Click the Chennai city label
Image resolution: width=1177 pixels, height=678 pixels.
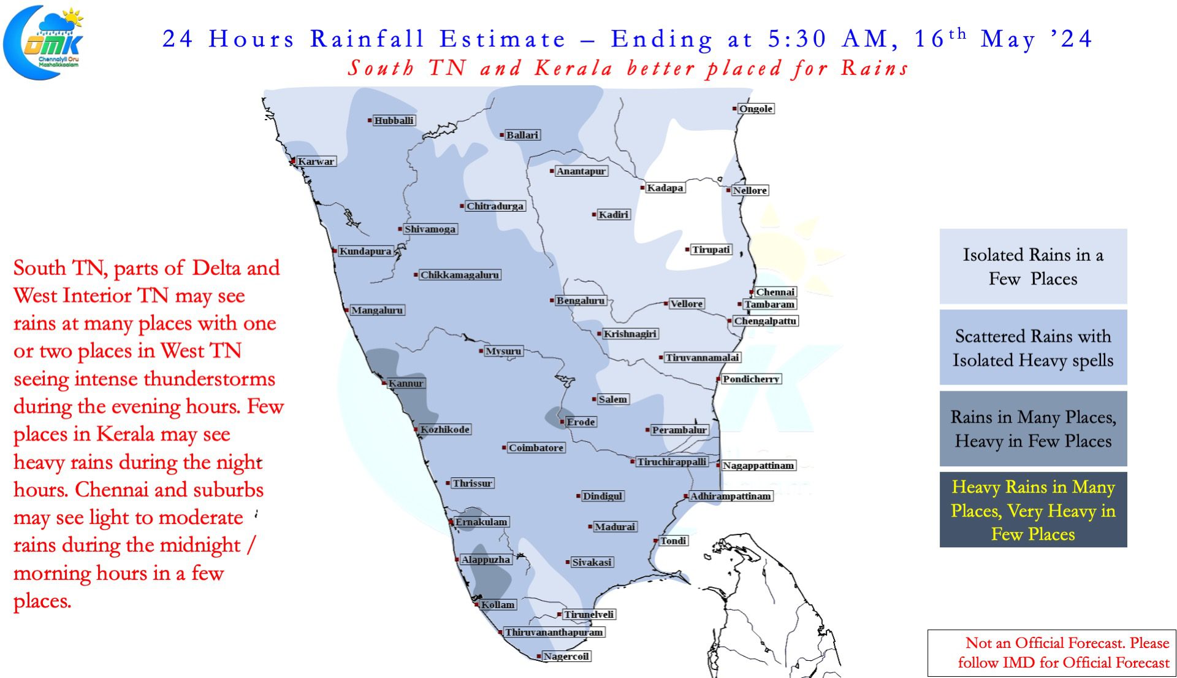775,292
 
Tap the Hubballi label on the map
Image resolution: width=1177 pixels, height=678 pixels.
394,120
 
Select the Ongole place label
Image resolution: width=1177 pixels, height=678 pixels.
756,109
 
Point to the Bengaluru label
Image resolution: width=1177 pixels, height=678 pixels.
580,301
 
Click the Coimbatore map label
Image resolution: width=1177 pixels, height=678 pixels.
536,448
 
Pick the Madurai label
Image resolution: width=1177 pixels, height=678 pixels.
615,526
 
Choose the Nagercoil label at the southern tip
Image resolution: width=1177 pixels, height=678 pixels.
566,657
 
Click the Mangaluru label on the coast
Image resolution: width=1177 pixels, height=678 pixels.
377,310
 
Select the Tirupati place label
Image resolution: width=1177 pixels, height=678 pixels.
711,250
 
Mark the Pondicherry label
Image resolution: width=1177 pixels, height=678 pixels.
751,379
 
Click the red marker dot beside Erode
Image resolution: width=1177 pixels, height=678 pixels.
562,422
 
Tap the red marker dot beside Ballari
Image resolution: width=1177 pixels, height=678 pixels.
501,135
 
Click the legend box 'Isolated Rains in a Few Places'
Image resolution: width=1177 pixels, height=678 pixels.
1033,266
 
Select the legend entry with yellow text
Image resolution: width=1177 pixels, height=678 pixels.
1033,509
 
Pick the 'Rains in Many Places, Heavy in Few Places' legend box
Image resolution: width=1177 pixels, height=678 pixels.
1033,428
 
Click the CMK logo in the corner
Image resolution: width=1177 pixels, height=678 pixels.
44,42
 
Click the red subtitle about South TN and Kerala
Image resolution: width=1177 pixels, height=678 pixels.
628,67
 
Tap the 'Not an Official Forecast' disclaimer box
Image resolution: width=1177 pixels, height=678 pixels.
1052,653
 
